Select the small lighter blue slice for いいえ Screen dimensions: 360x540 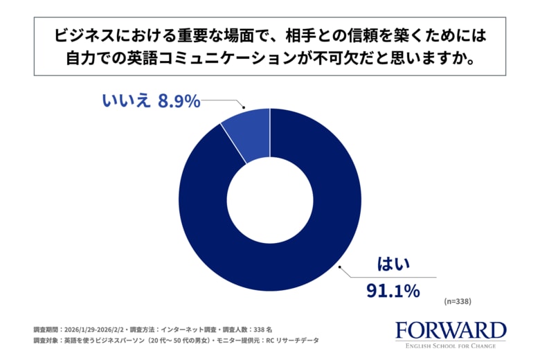click(249, 132)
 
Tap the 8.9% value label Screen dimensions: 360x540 click(179, 101)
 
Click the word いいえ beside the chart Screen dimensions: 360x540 click(126, 101)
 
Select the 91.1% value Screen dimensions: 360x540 click(393, 291)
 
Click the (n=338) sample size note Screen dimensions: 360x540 click(458, 302)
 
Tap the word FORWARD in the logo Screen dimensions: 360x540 click(451, 330)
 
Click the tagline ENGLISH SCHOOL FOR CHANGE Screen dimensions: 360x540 click(451, 344)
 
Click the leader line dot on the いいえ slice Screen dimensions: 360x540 click(244, 108)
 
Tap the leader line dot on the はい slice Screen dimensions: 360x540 click(339, 264)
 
